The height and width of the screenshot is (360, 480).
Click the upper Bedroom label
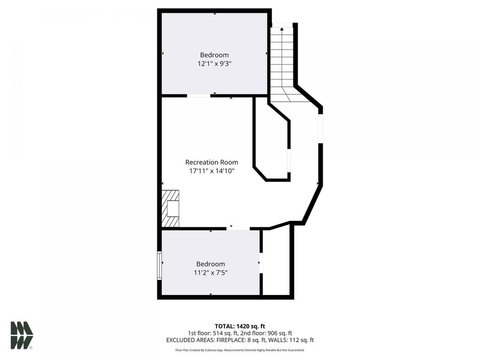click(x=214, y=55)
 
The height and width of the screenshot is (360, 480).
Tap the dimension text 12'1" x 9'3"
click(x=214, y=63)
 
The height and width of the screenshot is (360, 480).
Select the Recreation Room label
click(x=212, y=162)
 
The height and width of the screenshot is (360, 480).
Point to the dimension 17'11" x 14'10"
click(x=212, y=171)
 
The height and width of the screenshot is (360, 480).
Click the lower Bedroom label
click(x=211, y=264)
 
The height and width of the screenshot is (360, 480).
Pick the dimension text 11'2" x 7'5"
click(x=211, y=273)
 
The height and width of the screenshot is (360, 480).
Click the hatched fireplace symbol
click(x=171, y=208)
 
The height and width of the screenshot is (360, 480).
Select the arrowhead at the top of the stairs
click(x=282, y=29)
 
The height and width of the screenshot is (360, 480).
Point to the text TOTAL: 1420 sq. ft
click(x=239, y=325)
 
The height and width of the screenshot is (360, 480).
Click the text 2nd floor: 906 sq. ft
click(x=266, y=333)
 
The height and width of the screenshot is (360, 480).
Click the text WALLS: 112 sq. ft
click(x=293, y=340)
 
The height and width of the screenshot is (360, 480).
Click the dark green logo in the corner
click(x=21, y=335)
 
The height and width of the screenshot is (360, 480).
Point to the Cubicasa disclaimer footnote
click(x=239, y=350)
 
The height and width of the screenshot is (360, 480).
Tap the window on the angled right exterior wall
click(x=321, y=128)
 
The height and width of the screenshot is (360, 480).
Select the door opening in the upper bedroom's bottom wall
click(x=198, y=95)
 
